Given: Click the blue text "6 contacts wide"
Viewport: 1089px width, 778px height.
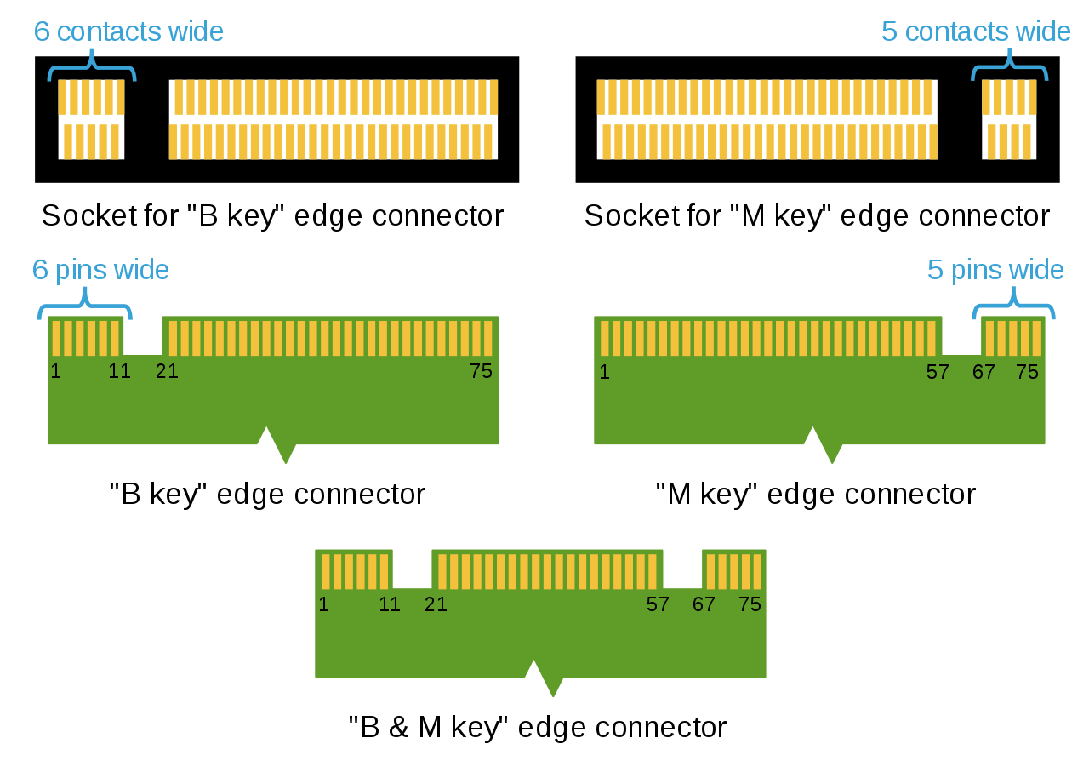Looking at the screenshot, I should tap(128, 31).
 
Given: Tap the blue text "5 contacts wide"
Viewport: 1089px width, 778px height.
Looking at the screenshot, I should tap(976, 31).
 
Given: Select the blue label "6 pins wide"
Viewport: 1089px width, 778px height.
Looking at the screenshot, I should tap(100, 270).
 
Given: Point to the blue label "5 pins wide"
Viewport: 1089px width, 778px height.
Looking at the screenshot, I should tap(995, 270).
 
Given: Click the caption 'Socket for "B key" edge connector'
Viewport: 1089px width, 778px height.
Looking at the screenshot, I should tap(272, 215).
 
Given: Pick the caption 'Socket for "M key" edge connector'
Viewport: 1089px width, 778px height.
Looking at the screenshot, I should tap(817, 215).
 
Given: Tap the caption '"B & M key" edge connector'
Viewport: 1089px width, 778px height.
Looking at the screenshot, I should tap(538, 728).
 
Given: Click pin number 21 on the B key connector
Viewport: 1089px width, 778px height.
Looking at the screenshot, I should tap(167, 371).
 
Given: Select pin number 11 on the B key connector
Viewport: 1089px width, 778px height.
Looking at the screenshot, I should tap(119, 371).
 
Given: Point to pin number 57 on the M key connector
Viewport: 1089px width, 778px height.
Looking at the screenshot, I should tap(938, 371).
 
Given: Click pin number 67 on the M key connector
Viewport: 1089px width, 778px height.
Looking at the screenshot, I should tap(984, 371).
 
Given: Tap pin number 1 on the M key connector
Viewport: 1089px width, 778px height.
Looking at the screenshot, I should tap(604, 371).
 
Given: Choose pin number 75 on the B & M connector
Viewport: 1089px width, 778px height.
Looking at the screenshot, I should tap(750, 604).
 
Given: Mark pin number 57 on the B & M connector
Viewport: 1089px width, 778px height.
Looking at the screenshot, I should tap(658, 604).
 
